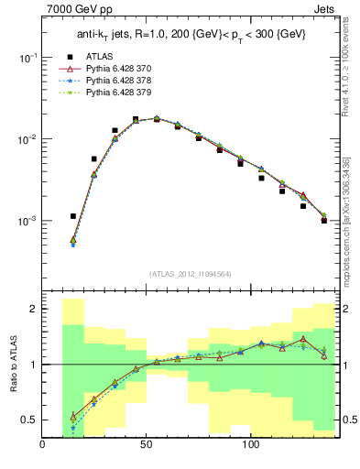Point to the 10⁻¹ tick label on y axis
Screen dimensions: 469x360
tap(26, 57)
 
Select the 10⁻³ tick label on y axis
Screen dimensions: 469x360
tap(26, 222)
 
